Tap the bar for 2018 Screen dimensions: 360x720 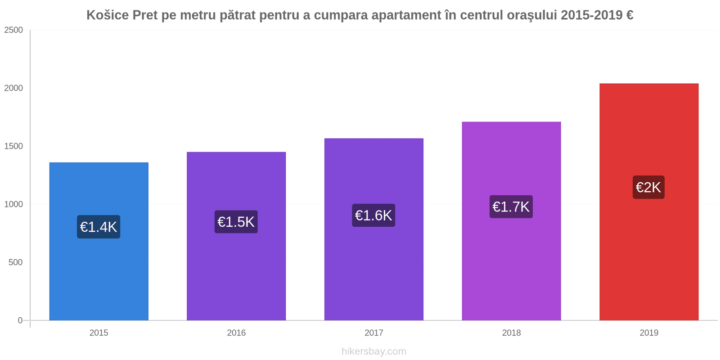(x=511, y=270)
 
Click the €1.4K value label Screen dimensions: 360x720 (x=99, y=227)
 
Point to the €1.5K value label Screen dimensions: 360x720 (x=236, y=222)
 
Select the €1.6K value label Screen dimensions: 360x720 (x=373, y=216)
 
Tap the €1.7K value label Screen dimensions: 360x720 (x=511, y=207)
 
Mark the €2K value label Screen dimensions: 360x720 (x=648, y=187)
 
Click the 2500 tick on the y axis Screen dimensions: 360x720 (x=13, y=30)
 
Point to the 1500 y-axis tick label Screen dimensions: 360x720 (x=13, y=146)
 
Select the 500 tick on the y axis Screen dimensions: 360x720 (x=15, y=262)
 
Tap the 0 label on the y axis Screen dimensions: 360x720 (x=20, y=320)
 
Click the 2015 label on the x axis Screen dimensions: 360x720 (x=99, y=333)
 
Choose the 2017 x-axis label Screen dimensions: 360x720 (x=373, y=333)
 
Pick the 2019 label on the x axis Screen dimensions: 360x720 (x=649, y=333)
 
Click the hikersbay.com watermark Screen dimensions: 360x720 (x=373, y=351)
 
